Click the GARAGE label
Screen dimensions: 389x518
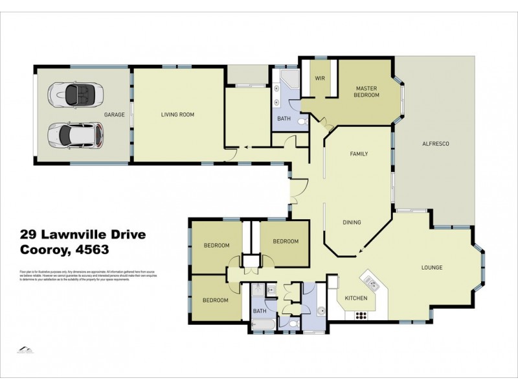pos(114,115)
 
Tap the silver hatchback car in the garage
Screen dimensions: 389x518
pos(75,136)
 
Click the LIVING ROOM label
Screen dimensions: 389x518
pos(177,115)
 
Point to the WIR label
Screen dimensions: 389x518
pos(319,78)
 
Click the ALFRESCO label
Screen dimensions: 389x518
pos(435,143)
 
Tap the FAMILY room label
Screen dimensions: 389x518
pos(359,154)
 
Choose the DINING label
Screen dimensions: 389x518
pos(352,222)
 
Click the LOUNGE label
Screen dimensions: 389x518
pos(431,266)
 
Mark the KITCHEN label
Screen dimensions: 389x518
pos(356,298)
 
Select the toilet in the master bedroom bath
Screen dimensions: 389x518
pos(302,121)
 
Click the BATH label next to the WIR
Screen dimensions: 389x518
pos(284,119)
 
